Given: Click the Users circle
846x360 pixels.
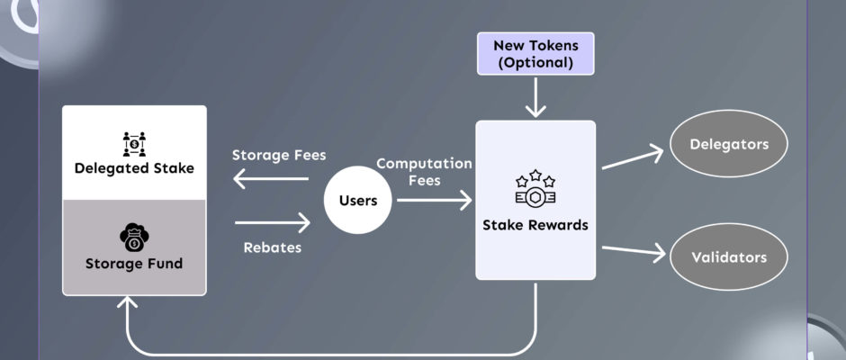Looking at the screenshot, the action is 357,200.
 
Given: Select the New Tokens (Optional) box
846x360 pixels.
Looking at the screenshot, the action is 535,53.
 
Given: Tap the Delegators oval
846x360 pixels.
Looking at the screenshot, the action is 728,144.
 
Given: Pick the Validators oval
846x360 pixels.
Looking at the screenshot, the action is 728,256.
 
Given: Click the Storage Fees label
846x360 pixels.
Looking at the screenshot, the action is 279,156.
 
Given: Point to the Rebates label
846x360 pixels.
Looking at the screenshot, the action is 273,247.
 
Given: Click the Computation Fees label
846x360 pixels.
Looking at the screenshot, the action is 424,172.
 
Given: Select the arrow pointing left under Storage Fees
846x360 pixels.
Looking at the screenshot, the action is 270,179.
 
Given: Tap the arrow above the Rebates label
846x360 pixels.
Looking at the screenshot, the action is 273,222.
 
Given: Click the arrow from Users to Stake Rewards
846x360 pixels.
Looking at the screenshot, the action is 435,200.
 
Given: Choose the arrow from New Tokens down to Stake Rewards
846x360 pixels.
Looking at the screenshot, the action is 535,98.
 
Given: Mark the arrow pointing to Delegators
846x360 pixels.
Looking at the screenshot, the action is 633,157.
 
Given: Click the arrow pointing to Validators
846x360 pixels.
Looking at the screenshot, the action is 634,250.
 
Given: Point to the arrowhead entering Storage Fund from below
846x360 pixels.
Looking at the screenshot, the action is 126,301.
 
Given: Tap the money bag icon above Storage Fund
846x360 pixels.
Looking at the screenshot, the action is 134,238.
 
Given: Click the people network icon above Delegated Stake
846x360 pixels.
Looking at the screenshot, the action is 134,144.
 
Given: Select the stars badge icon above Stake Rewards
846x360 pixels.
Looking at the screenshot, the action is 535,187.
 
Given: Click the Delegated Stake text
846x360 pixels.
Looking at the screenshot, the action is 134,168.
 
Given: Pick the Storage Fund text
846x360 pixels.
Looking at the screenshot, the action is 134,264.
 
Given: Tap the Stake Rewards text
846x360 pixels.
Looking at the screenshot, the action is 535,225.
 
